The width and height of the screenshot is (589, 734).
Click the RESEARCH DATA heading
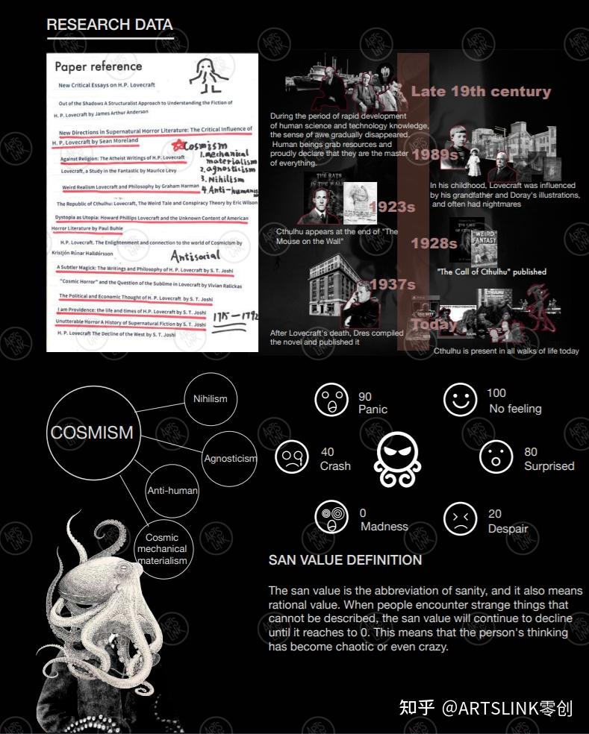pyautogui.click(x=109, y=25)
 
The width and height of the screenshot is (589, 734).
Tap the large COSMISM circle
pyautogui.click(x=92, y=432)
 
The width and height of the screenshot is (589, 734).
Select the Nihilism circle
pyautogui.click(x=211, y=398)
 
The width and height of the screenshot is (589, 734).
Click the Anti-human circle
pyautogui.click(x=172, y=490)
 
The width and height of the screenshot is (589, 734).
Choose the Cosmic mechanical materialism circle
pyautogui.click(x=162, y=548)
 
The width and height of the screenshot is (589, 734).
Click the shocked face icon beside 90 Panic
pyautogui.click(x=331, y=400)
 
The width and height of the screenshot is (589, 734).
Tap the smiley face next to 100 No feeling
pyautogui.click(x=460, y=400)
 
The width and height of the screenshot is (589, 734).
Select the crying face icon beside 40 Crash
pyautogui.click(x=291, y=457)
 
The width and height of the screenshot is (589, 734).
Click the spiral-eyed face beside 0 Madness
pyautogui.click(x=331, y=517)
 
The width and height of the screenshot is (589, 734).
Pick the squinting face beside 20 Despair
pyautogui.click(x=461, y=518)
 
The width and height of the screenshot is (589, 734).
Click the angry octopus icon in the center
pyautogui.click(x=398, y=458)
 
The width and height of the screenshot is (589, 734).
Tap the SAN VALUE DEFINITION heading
pyautogui.click(x=345, y=560)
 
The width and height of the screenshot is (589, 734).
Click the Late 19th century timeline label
pyautogui.click(x=481, y=92)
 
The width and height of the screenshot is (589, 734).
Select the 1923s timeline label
pyautogui.click(x=392, y=207)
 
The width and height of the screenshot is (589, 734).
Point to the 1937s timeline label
pyautogui.click(x=392, y=284)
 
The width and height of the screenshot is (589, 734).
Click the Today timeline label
pyautogui.click(x=434, y=324)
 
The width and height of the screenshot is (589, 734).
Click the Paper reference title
pyautogui.click(x=98, y=66)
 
